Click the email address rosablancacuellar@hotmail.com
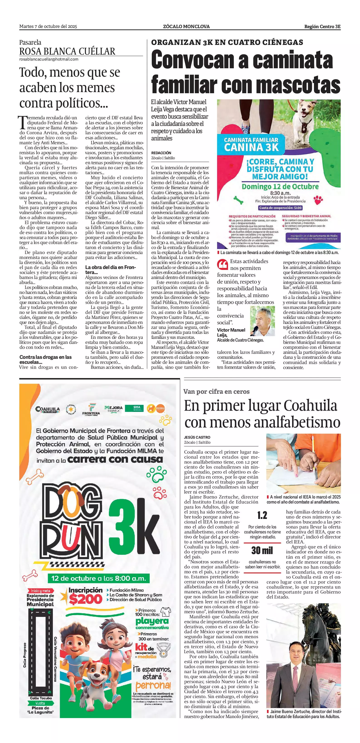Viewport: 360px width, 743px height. pyautogui.click(x=49, y=59)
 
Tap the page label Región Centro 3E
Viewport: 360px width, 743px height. pyautogui.click(x=322, y=27)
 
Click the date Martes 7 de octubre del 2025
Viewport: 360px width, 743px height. pyautogui.click(x=48, y=27)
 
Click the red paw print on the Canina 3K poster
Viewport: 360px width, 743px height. pyautogui.click(x=318, y=199)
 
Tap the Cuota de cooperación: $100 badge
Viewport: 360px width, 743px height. pyautogui.click(x=280, y=208)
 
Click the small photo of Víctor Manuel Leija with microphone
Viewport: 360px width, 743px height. pyautogui.click(x=262, y=321)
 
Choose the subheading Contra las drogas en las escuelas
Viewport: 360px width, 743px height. pyautogui.click(x=46, y=359)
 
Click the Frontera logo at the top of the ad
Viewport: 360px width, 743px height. pyautogui.click(x=91, y=409)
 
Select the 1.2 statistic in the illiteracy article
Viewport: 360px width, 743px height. pyautogui.click(x=262, y=515)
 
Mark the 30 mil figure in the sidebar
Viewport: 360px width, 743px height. pyautogui.click(x=262, y=550)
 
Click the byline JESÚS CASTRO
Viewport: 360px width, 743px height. pyautogui.click(x=197, y=437)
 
